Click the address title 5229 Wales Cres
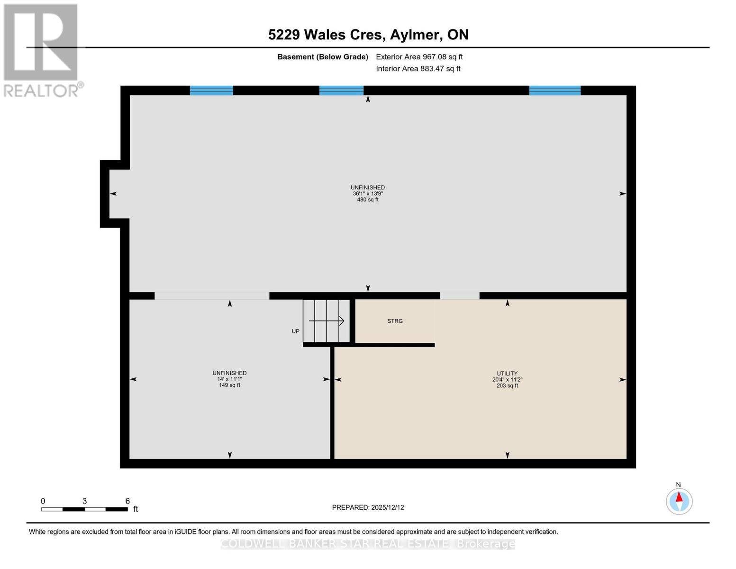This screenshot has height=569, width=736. point(368,35)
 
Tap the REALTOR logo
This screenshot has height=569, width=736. point(41,50)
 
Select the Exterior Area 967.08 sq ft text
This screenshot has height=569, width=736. point(419,57)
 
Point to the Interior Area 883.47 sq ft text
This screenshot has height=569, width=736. point(418,69)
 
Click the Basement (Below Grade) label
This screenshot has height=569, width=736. point(322,57)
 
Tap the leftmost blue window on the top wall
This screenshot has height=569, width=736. point(211,91)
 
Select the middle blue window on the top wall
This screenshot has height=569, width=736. point(341,91)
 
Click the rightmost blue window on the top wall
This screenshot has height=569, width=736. point(554,91)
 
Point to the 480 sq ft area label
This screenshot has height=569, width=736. point(368,200)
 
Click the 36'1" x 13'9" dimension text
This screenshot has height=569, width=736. point(368,194)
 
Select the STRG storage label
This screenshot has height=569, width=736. point(395,321)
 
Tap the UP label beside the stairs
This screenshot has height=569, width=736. point(295,331)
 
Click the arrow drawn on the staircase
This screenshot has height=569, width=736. point(327,321)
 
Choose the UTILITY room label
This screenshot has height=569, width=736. point(507,374)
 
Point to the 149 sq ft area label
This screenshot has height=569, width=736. point(229,385)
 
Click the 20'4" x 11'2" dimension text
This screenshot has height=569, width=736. point(507,380)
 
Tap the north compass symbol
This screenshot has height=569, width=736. point(679,501)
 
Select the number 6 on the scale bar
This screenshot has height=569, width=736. point(127,501)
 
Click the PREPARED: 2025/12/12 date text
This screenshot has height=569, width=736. point(368,508)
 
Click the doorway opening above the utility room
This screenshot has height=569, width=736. point(460,296)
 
